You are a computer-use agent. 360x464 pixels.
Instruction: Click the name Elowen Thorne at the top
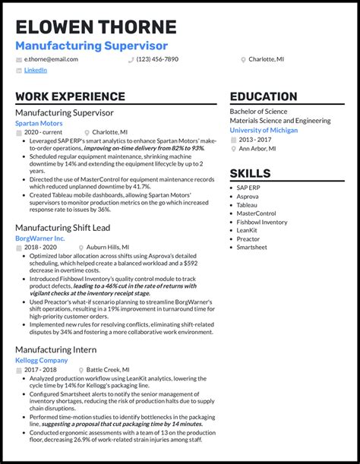pyautogui.click(x=96, y=27)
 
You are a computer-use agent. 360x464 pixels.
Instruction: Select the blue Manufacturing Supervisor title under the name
pyautogui.click(x=91, y=46)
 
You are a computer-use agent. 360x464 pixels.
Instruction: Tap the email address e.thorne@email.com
pyautogui.click(x=51, y=59)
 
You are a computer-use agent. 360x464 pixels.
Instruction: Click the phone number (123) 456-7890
pyautogui.click(x=157, y=59)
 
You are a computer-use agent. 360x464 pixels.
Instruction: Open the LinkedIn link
pyautogui.click(x=35, y=70)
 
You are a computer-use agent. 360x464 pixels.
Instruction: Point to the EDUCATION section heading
pyautogui.click(x=264, y=96)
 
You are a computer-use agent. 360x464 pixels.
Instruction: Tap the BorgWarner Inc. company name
pyautogui.click(x=40, y=238)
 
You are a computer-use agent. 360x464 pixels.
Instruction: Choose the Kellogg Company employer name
pyautogui.click(x=42, y=360)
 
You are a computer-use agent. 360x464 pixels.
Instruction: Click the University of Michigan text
pyautogui.click(x=264, y=130)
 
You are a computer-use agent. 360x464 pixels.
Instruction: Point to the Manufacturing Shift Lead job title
pyautogui.click(x=64, y=228)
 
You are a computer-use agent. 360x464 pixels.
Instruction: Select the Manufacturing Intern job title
pyautogui.click(x=55, y=349)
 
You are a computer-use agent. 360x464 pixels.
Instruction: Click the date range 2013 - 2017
pyautogui.click(x=254, y=140)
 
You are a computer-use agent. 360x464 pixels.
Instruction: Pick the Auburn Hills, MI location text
pyautogui.click(x=107, y=248)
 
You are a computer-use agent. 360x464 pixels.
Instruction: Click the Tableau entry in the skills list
pyautogui.click(x=247, y=205)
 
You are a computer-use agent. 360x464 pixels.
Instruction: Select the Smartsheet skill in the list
pyautogui.click(x=251, y=247)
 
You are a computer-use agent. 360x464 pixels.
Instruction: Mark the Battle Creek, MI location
pyautogui.click(x=107, y=369)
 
